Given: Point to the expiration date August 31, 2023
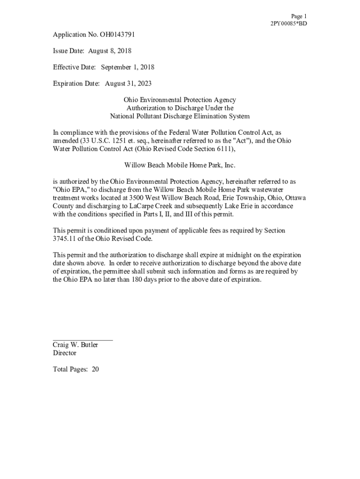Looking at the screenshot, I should tap(128, 84).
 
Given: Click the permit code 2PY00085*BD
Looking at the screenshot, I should tap(288, 23).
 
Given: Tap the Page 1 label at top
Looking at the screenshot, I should tap(299, 16).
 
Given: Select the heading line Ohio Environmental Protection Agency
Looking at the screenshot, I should tap(180, 100).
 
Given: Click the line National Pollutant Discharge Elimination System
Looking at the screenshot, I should tap(180, 116).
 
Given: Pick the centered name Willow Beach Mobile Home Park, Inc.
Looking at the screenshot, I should tap(180, 165).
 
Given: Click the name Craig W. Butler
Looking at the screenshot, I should tap(75, 345).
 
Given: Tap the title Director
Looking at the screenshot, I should tap(64, 353).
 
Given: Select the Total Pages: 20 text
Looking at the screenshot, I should tap(76, 370).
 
